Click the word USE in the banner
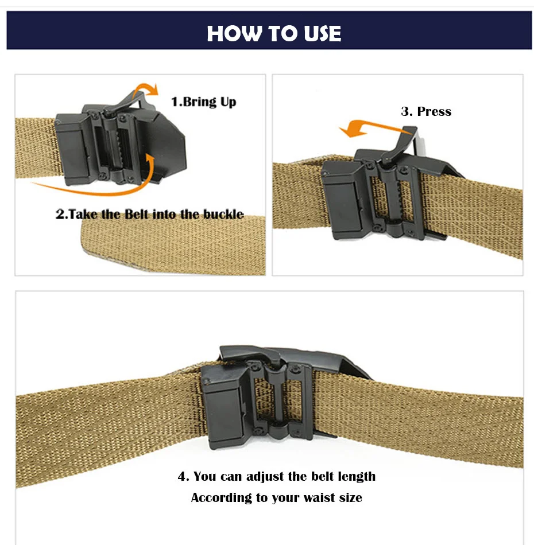323,34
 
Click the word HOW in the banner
234,34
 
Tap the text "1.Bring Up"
203,102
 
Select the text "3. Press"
426,111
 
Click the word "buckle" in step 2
223,214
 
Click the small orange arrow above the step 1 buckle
145,88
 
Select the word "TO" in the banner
283,34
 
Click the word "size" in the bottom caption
351,498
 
